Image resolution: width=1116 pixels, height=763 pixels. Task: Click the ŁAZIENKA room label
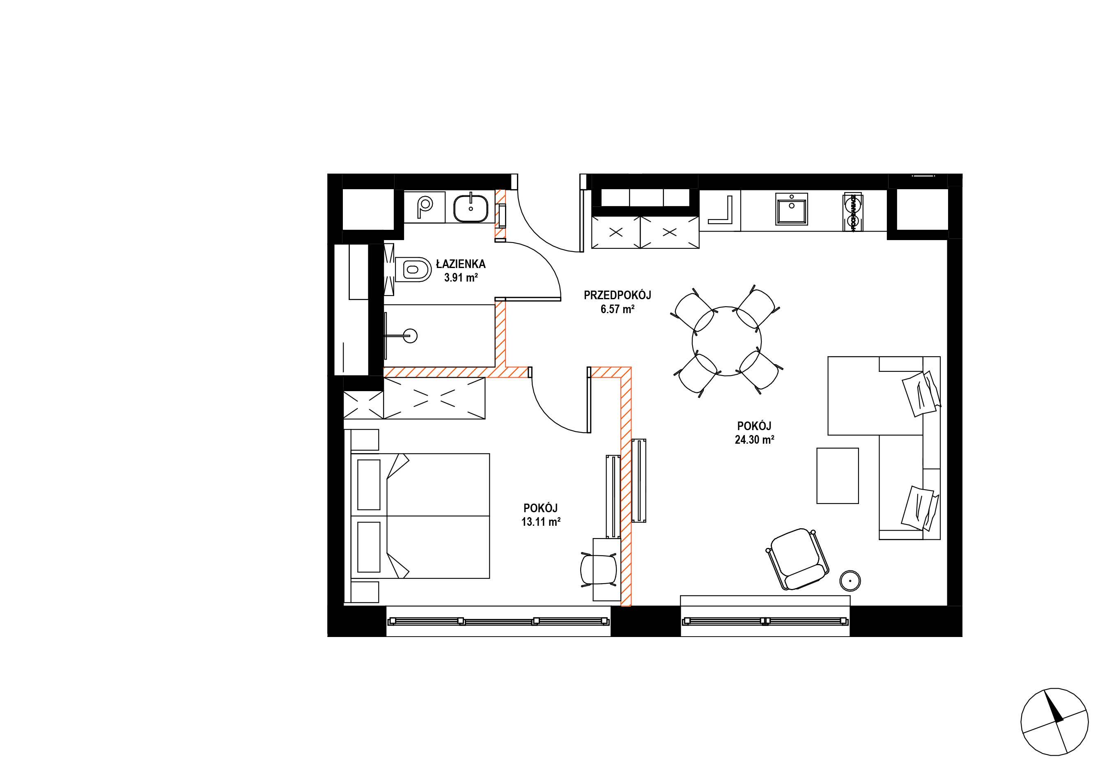461,263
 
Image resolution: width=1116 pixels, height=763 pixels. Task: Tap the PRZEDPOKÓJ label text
617,295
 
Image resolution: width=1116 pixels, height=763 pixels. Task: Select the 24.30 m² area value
754,440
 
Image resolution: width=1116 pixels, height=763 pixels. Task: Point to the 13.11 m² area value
541,522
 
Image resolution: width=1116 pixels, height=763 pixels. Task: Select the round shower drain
411,335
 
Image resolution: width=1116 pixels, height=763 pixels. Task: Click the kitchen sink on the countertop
791,209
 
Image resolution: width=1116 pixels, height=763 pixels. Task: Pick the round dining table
727,341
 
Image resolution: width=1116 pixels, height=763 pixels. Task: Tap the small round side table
850,581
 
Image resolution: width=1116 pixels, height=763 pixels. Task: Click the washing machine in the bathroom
425,207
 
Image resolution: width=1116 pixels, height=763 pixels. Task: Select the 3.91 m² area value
461,278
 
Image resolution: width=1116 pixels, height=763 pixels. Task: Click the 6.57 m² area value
618,309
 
